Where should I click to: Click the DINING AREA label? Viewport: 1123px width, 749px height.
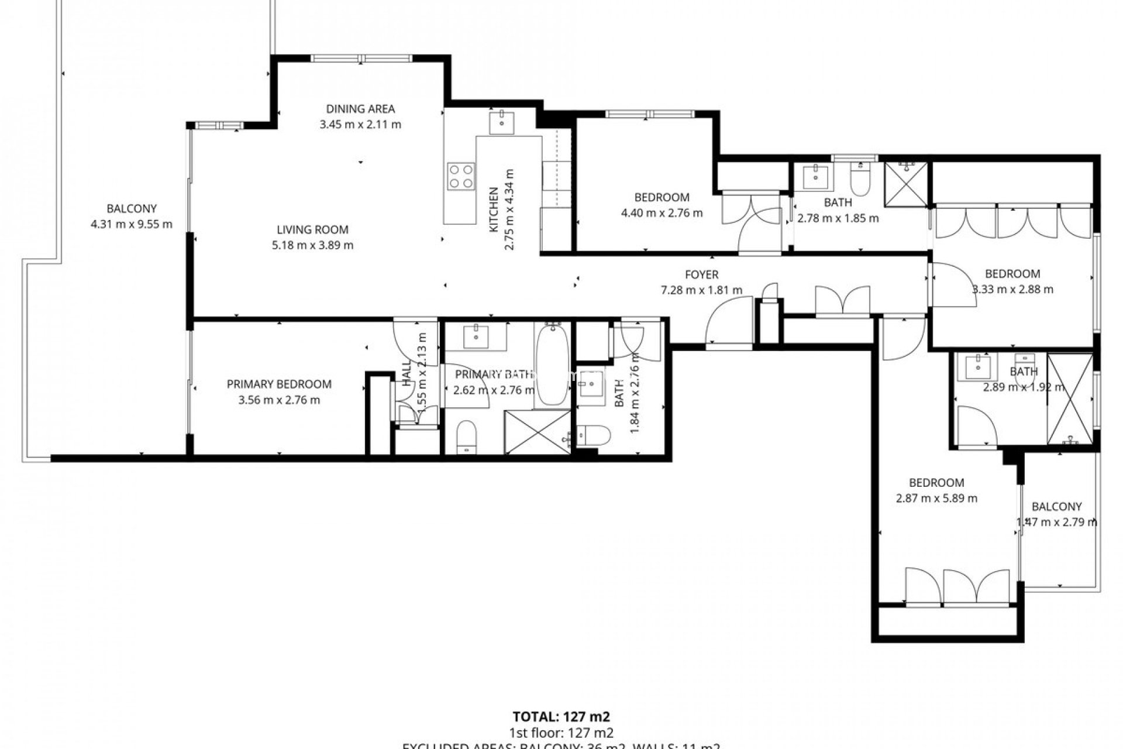(x=360, y=109)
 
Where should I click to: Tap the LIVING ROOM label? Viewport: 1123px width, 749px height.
(x=312, y=230)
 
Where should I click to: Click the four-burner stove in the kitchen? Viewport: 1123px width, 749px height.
(x=460, y=176)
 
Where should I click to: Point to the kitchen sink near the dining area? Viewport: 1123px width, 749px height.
(x=502, y=122)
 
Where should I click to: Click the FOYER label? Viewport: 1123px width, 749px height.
(x=701, y=274)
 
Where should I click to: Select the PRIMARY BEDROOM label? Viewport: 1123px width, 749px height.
(x=279, y=384)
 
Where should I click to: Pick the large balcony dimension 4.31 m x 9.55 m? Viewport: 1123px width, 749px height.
(x=132, y=224)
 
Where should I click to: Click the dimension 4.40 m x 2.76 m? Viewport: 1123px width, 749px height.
(x=662, y=213)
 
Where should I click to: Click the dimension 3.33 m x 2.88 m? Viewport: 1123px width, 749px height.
(x=1012, y=290)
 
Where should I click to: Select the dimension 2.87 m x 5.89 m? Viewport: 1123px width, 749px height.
(x=936, y=499)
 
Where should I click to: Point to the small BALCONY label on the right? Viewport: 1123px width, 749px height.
(x=1056, y=507)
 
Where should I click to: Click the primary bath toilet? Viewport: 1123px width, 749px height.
(x=467, y=436)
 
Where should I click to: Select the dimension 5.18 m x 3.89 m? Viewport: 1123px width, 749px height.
(x=312, y=246)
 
